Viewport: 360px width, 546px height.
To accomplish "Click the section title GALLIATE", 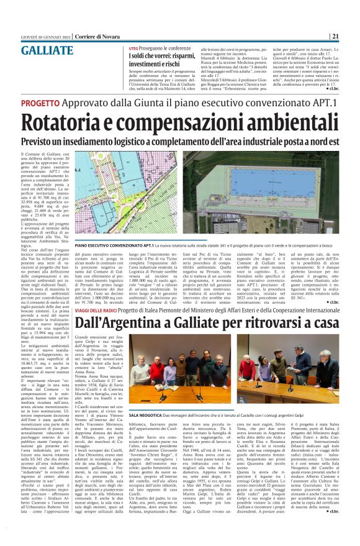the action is pyautogui.click(x=45, y=50).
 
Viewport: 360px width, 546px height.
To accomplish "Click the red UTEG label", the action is pyautogui.click(x=133, y=48).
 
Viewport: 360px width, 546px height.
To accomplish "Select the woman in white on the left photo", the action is pyautogui.click(x=136, y=373).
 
